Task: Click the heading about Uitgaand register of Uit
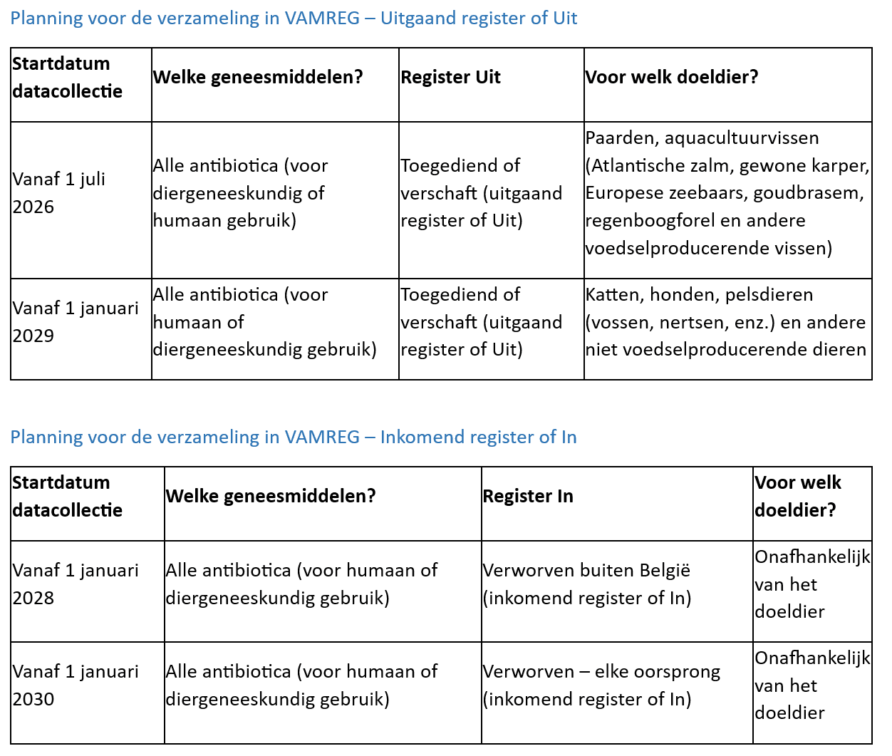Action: point(294,18)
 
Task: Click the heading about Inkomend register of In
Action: point(294,437)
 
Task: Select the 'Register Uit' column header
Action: point(450,77)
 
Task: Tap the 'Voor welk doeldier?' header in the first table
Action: point(671,77)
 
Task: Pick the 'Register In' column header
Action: point(527,496)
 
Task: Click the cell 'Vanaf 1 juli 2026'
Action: point(58,192)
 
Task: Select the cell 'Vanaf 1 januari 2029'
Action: point(75,321)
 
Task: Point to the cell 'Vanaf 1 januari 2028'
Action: point(75,584)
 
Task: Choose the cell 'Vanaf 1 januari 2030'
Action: point(75,685)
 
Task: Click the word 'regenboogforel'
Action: point(650,220)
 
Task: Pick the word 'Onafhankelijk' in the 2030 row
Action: point(811,658)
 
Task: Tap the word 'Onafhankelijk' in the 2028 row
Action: point(811,556)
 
